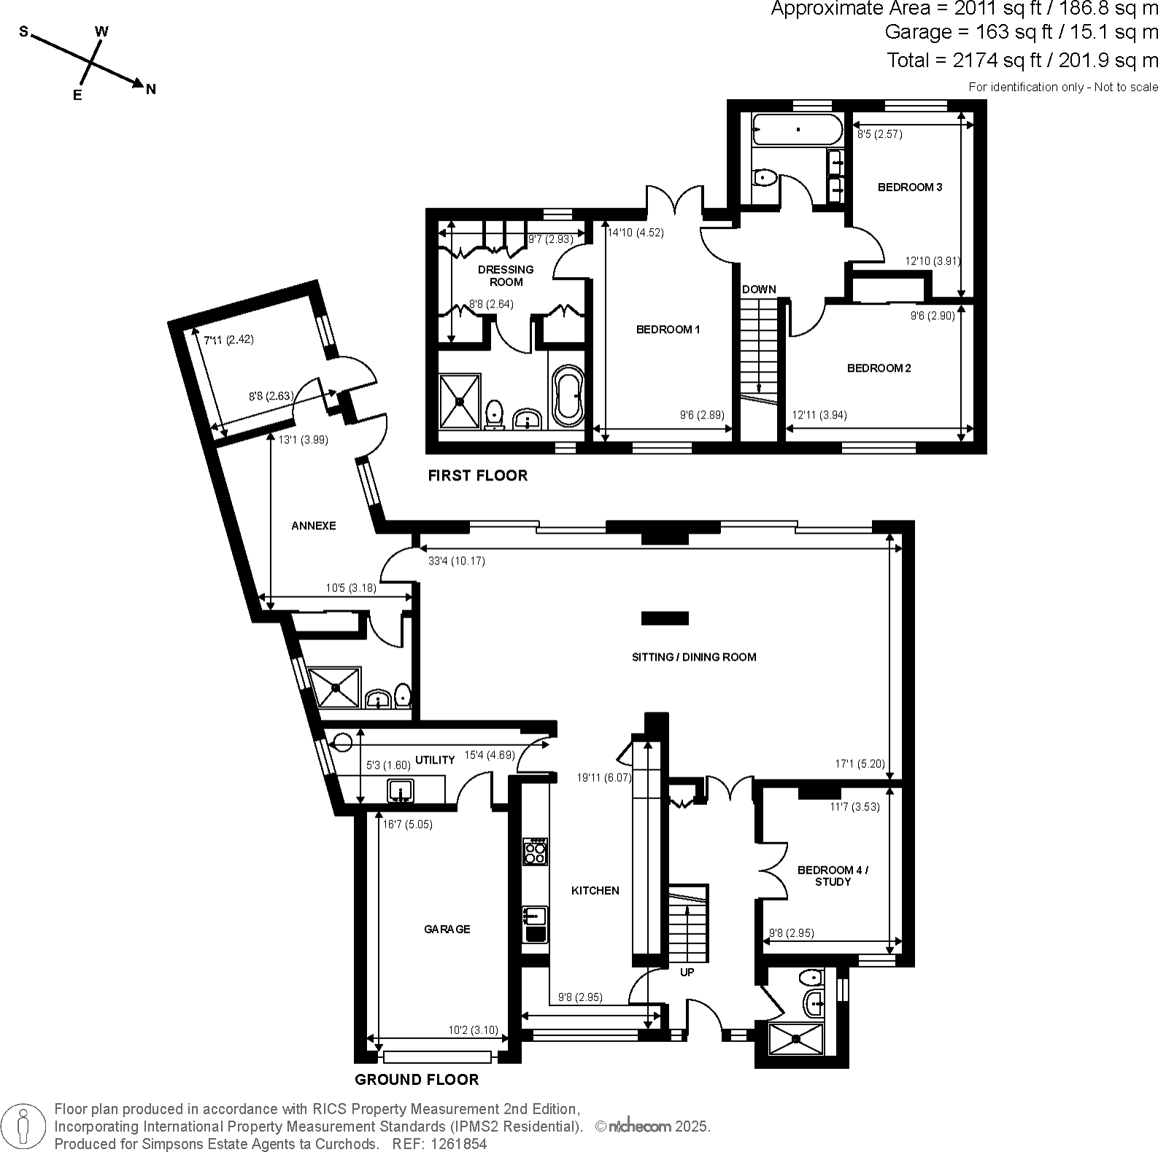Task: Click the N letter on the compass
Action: (x=151, y=90)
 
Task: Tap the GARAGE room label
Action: (x=447, y=929)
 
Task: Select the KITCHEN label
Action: (x=595, y=890)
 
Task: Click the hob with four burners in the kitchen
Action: (x=536, y=852)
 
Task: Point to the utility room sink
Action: (x=401, y=790)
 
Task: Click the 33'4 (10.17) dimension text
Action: (x=456, y=561)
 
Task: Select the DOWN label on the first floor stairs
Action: (x=759, y=289)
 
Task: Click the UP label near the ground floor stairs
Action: (x=687, y=972)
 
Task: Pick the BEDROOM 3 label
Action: (x=909, y=187)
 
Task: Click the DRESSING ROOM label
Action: (x=506, y=276)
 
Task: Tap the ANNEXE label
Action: (x=314, y=526)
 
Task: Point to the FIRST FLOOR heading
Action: (x=477, y=475)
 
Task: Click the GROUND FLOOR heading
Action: (x=417, y=1080)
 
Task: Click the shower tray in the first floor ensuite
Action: (x=460, y=400)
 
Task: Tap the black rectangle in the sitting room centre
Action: (x=665, y=618)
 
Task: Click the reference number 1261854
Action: (x=459, y=1144)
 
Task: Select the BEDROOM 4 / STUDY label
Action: (x=833, y=876)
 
